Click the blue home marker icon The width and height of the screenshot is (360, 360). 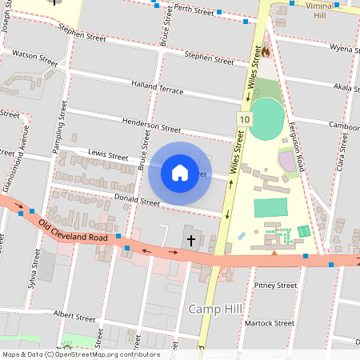180,172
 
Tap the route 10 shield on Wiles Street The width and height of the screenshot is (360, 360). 243,119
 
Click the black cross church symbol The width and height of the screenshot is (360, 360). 190,240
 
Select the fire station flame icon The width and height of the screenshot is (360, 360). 266,51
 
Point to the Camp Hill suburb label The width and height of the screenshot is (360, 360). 215,309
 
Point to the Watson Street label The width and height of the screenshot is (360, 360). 35,58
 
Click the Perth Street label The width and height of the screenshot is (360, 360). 192,10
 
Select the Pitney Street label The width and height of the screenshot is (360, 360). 275,285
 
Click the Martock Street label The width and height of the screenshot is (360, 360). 274,322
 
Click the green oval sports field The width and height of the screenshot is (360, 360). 267,119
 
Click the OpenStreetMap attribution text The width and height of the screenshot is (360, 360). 81,354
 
